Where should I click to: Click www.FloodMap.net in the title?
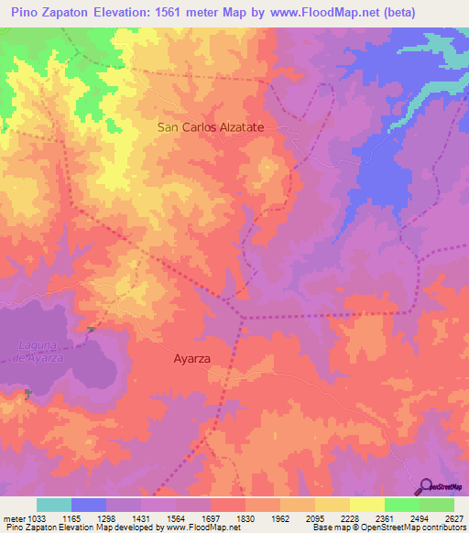click(308, 13)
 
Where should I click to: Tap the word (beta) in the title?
click(391, 13)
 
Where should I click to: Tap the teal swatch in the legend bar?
click(54, 505)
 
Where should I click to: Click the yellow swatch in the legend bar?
click(333, 505)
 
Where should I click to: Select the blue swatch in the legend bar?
click(89, 505)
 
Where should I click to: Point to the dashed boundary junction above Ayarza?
click(242, 317)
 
